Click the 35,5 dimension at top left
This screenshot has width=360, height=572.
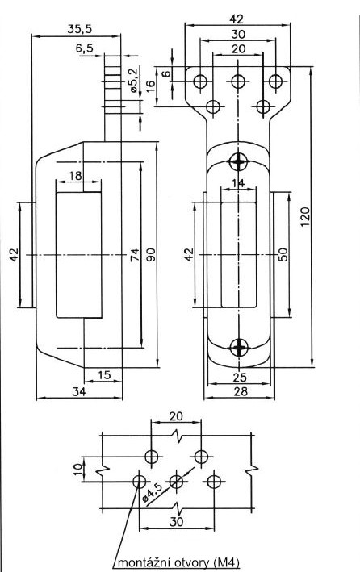(x=78, y=28)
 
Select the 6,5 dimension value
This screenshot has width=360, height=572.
(x=84, y=48)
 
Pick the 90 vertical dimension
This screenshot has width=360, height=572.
(x=150, y=254)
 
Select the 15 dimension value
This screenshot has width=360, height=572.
(x=103, y=374)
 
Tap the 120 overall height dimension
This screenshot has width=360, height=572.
(x=305, y=216)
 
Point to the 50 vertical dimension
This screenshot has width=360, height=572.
(x=283, y=253)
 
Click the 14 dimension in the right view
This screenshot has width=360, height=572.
(x=238, y=184)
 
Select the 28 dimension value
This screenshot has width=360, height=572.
(x=239, y=391)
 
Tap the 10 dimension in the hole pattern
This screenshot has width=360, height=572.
(x=77, y=469)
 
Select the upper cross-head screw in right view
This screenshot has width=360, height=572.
(x=238, y=159)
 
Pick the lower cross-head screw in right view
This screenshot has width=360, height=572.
(x=238, y=348)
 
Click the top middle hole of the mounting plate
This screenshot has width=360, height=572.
(x=237, y=81)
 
